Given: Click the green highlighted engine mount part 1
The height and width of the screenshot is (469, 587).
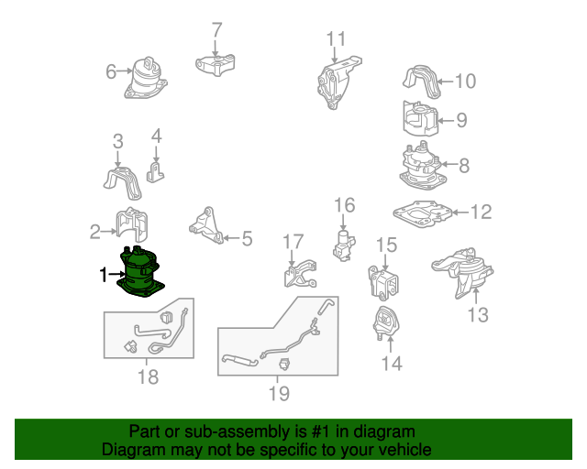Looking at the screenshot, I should click(140, 272).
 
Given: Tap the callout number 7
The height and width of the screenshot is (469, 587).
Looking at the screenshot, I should click(216, 30).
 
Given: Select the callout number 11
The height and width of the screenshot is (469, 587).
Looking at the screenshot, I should click(337, 38).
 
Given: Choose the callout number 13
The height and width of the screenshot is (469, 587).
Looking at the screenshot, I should click(478, 315).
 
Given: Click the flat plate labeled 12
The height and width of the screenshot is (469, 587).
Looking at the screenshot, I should click(423, 213).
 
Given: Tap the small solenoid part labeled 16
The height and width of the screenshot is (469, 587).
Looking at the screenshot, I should click(344, 244).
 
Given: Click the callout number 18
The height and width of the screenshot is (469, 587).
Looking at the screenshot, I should click(147, 376).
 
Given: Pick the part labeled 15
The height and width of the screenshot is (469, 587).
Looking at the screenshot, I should click(383, 280).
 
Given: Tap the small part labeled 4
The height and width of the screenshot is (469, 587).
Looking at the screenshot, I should click(156, 171).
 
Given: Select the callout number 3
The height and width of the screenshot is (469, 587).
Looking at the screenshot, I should click(117, 141).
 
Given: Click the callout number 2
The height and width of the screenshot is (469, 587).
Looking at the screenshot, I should click(94, 232).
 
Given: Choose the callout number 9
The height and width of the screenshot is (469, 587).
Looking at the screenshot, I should click(461, 119).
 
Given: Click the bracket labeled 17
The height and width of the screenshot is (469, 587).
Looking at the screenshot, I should click(297, 276).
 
